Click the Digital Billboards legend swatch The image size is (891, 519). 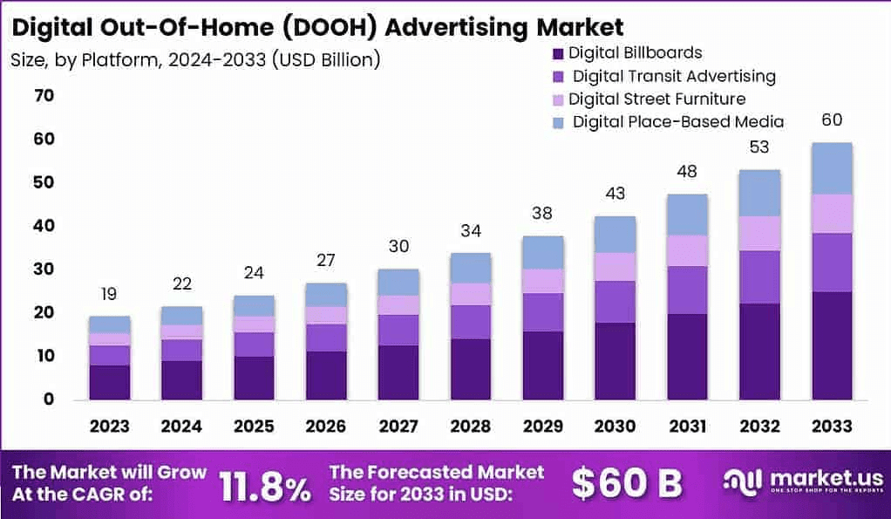pos(559,54)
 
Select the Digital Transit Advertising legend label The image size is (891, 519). pos(673,76)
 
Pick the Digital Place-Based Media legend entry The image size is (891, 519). pos(677,122)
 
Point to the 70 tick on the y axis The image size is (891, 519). pos(44,95)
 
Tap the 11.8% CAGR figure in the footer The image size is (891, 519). pos(264,485)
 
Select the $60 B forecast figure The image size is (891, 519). pos(626,482)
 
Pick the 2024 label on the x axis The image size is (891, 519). pos(181,426)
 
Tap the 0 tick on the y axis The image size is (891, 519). pos(49,399)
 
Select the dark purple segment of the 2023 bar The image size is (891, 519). pos(109,382)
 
